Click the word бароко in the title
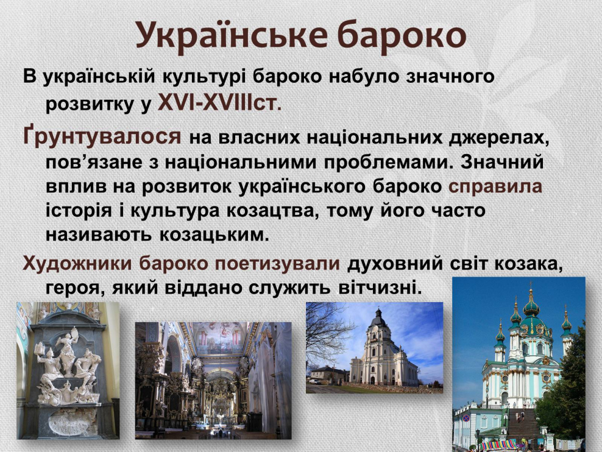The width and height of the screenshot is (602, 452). coord(402,35)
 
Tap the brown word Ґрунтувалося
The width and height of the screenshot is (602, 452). coord(102,136)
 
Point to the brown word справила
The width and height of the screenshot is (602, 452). coord(495,187)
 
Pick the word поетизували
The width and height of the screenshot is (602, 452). coord(277,264)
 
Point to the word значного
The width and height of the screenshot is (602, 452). coord(450,76)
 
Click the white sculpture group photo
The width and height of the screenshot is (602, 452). coord(68,370)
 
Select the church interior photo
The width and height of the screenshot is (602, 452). coord(213,380)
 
